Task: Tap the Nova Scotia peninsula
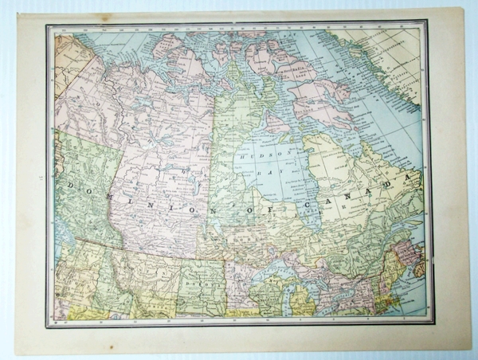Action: coord(418,267)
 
